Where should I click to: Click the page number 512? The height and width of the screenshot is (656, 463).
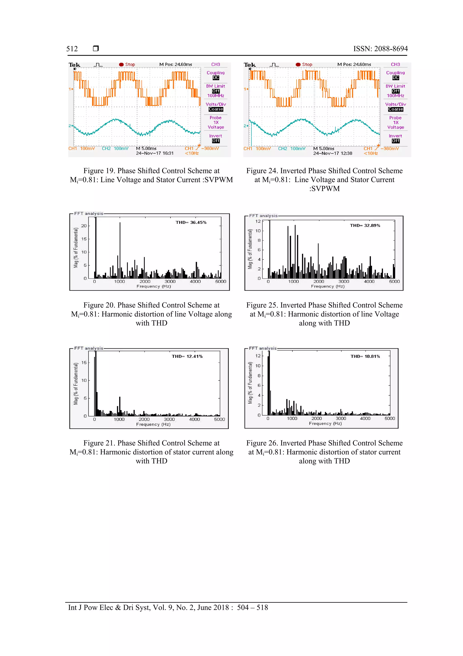72,49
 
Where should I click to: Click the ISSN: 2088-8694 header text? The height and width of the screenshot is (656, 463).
380,49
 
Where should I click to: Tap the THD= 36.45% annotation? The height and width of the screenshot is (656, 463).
191,222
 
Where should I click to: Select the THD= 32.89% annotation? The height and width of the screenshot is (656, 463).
365,226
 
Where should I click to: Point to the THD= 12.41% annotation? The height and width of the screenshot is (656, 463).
187,356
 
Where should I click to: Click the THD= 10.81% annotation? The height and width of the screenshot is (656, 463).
365,356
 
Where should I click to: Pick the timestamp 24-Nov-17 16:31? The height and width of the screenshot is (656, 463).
155,153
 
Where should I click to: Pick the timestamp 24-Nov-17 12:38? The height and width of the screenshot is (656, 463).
332,153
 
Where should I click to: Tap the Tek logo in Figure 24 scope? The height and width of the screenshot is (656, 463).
250,65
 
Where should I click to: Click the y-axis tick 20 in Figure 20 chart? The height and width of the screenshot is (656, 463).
84,226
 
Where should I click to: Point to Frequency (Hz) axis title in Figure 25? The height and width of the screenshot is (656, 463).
328,286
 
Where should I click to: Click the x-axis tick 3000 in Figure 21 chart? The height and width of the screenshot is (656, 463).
169,419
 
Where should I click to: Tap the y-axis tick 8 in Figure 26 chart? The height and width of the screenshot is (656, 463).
259,376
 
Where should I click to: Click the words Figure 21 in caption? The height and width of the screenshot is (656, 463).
99,443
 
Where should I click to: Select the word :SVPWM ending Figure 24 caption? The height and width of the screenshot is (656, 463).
324,189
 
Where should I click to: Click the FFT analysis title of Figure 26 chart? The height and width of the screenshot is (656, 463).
263,348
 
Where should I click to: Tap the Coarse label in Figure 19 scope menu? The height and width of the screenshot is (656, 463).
216,109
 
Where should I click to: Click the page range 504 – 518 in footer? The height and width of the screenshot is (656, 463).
253,608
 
